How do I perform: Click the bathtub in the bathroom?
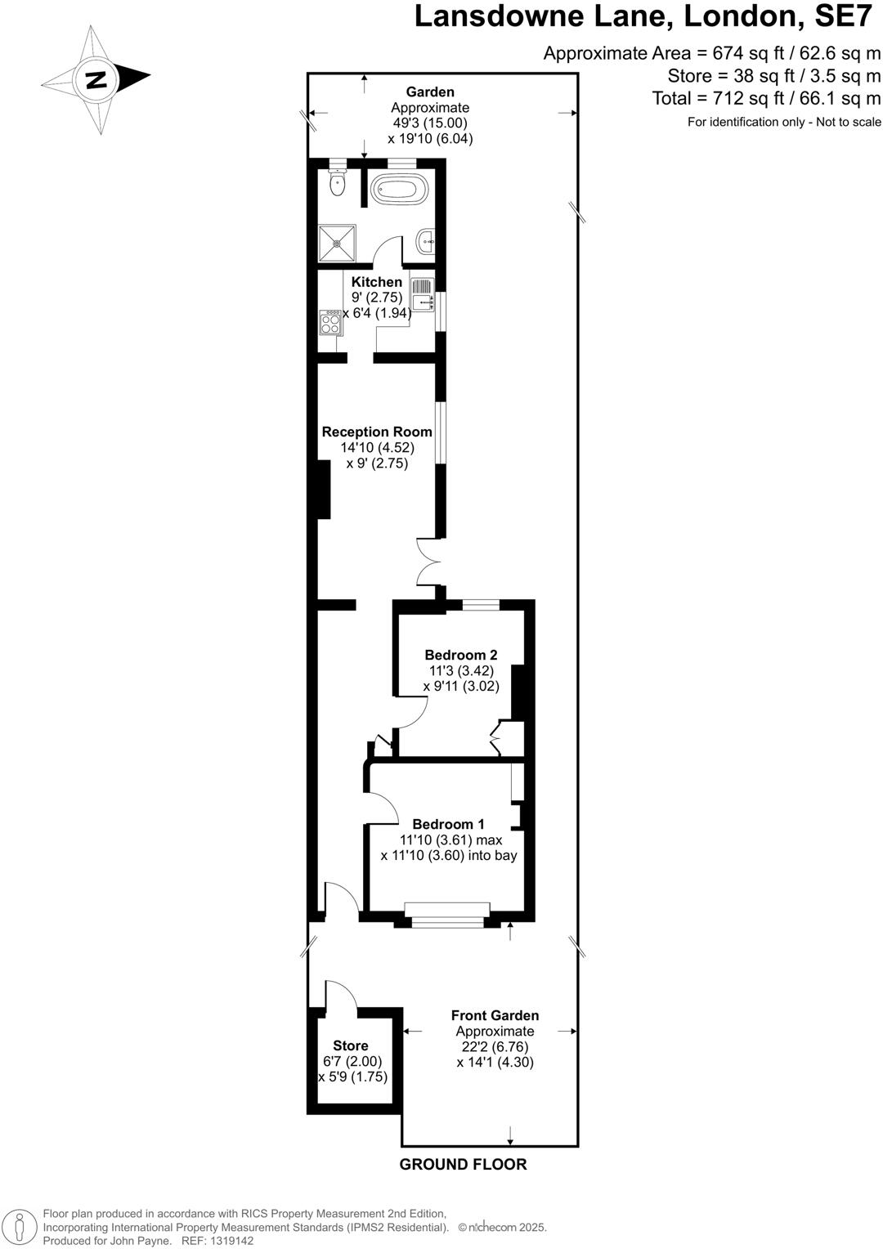399,190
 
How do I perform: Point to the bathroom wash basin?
426,241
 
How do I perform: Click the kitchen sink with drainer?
422,296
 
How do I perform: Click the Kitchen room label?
377,282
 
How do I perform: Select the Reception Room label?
377,432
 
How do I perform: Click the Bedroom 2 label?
461,655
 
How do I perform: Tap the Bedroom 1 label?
448,824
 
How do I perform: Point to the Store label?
351,1045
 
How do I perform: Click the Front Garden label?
495,1015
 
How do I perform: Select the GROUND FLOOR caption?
463,1164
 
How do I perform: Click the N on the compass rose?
96,79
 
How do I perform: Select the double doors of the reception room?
428,562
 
